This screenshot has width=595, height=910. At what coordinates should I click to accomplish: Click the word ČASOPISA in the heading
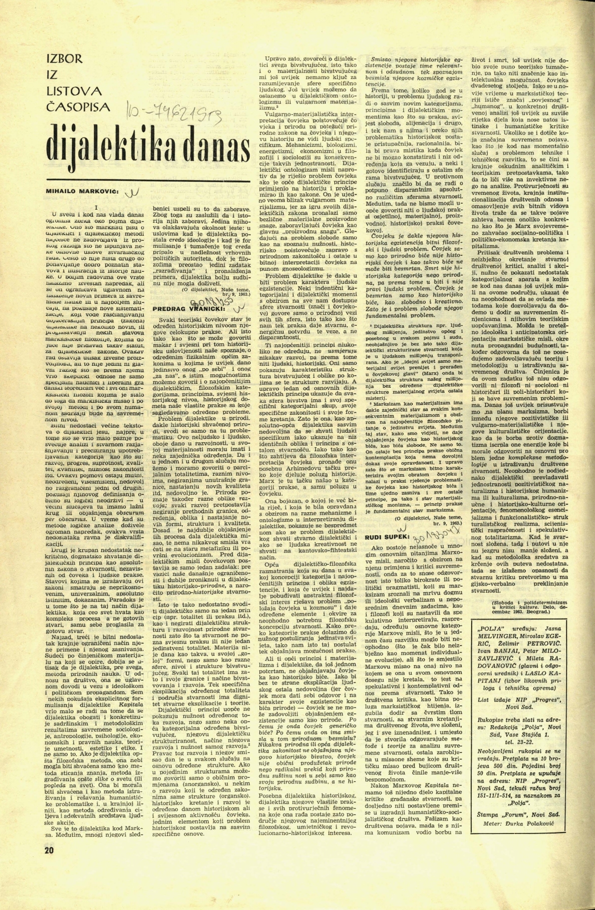tap(79, 106)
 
